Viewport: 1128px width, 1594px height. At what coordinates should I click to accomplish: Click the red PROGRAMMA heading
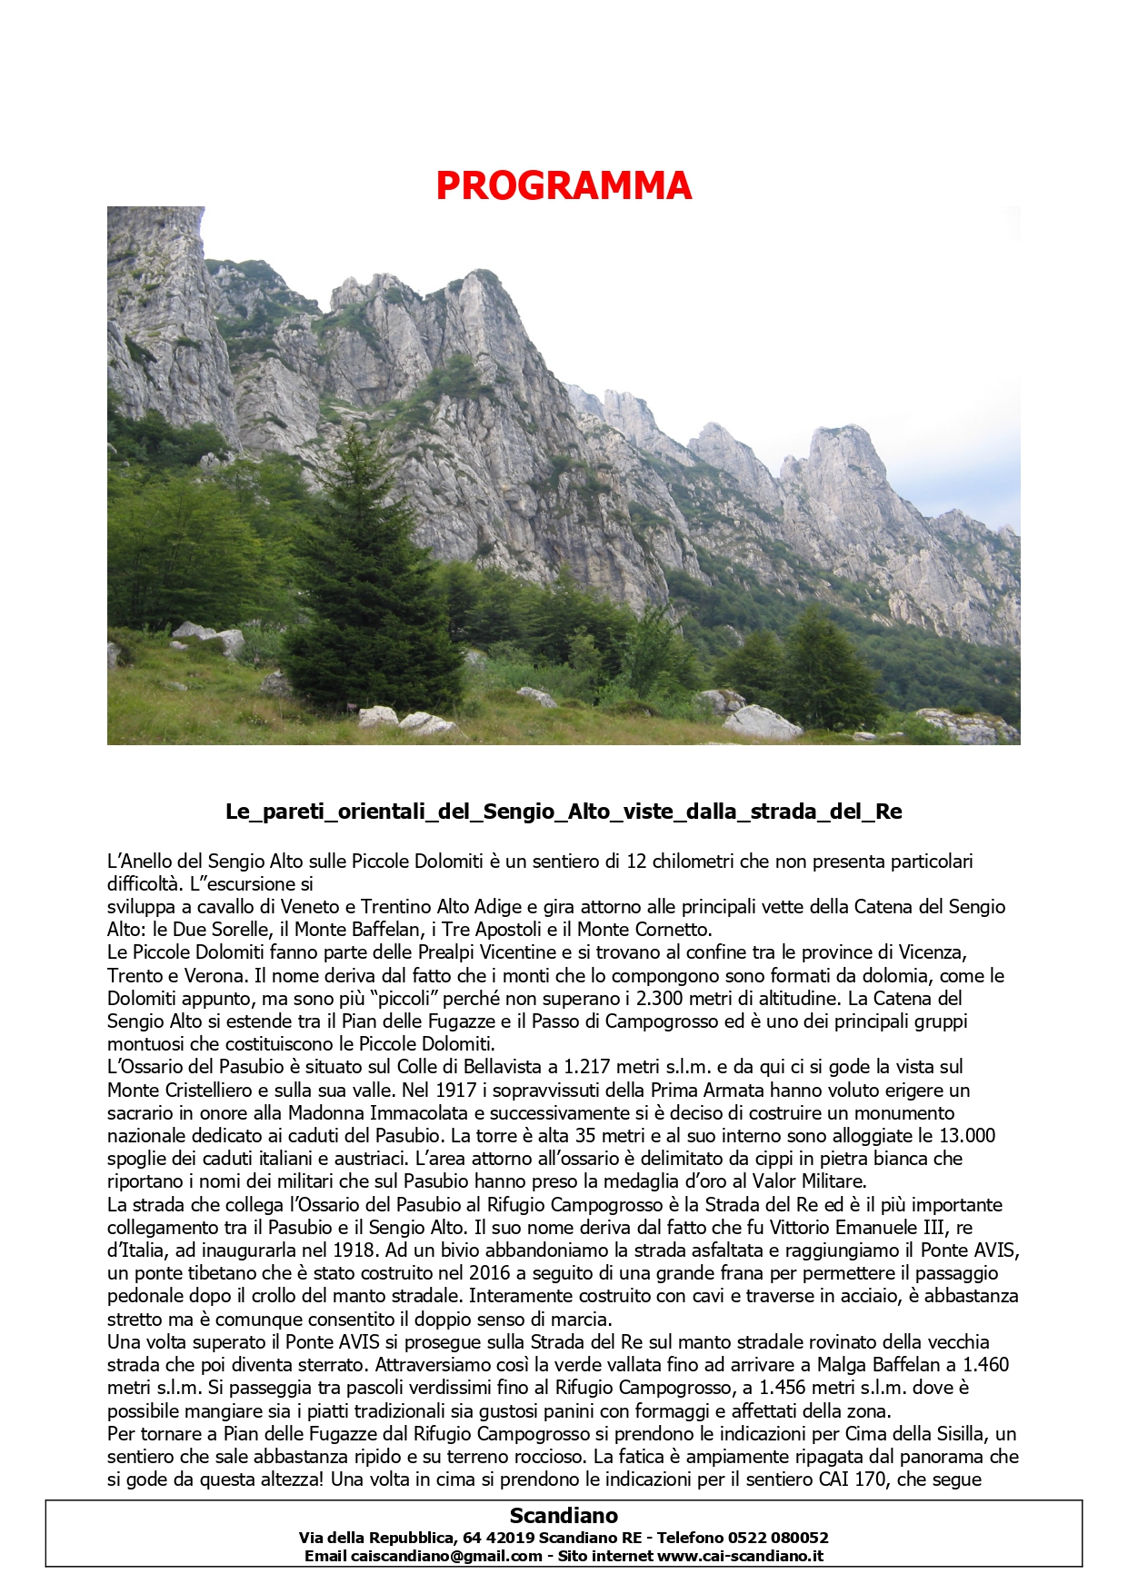click(x=564, y=185)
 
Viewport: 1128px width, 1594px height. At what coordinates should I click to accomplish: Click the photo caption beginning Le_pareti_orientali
click(x=564, y=812)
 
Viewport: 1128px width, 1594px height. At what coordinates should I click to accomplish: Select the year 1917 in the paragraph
click(x=455, y=1090)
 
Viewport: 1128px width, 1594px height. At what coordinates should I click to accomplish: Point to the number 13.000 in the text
click(x=965, y=1135)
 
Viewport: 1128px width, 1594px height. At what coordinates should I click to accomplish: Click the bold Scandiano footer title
click(x=564, y=1516)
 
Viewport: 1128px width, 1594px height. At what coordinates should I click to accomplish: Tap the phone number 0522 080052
click(x=780, y=1538)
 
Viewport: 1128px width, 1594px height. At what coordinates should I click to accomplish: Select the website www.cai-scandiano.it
click(x=740, y=1556)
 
